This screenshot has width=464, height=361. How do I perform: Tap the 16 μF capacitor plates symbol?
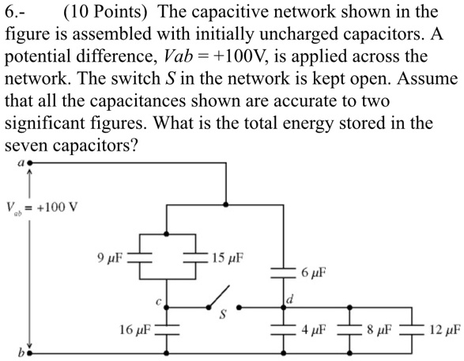[x=167, y=327]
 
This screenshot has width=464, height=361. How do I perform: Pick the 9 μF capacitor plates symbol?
[x=140, y=257]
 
